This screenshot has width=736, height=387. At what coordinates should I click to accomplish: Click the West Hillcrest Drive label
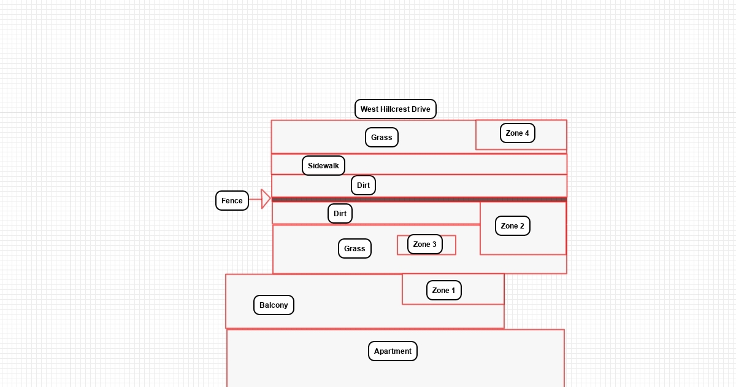click(395, 109)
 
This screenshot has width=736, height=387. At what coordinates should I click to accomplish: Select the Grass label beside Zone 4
click(381, 138)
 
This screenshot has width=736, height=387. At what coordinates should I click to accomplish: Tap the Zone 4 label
click(518, 133)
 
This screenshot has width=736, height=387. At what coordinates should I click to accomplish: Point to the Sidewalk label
click(323, 166)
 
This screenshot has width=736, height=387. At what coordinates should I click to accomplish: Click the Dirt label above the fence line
click(363, 186)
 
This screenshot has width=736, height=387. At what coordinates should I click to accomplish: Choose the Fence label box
click(232, 201)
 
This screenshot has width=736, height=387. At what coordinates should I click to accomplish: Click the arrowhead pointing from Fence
click(266, 199)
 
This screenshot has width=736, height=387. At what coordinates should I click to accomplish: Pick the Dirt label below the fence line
click(340, 214)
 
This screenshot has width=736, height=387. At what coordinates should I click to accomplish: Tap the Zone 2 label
click(512, 226)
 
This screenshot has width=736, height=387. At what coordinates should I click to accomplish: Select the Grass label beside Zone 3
click(355, 249)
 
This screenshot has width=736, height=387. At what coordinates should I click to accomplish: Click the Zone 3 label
click(424, 244)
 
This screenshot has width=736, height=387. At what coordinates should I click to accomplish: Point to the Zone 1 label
click(443, 291)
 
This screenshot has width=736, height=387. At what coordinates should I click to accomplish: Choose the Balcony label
click(274, 305)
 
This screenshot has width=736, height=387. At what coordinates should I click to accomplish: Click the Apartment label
click(393, 351)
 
